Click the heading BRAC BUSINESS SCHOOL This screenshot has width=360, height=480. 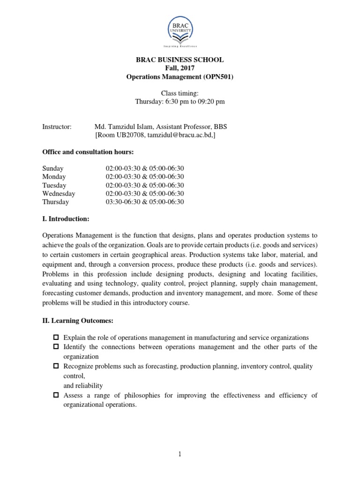(180, 60)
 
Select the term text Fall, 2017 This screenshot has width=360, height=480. (180, 68)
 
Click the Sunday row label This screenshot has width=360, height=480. (53, 168)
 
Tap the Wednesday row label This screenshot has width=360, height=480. (59, 194)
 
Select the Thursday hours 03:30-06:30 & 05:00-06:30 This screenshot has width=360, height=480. (145, 202)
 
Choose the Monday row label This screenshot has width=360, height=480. (54, 177)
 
